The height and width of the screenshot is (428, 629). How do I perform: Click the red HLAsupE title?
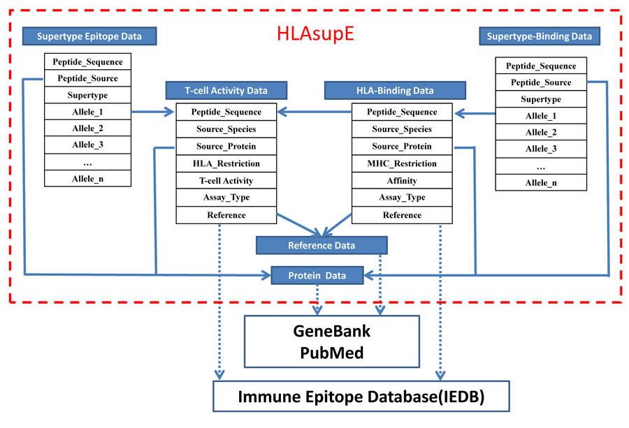314,36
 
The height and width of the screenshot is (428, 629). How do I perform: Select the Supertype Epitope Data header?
89,36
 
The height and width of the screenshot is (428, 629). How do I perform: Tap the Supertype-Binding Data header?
541,36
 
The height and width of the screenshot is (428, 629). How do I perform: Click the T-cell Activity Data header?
226,90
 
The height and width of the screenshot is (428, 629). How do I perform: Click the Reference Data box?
321,245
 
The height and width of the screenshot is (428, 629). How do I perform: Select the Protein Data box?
317,275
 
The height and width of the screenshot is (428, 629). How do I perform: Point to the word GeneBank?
331,331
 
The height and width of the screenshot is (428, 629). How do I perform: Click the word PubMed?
331,353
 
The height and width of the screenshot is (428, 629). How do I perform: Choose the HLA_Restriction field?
226,163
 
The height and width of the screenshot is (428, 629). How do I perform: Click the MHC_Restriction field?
401,163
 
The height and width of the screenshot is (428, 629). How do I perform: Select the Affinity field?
401,181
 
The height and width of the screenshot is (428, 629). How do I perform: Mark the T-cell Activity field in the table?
226,181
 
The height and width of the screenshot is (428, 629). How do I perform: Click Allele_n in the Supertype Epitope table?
87,179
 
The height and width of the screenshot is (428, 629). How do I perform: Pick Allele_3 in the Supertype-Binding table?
541,149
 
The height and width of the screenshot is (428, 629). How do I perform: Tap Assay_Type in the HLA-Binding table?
401,198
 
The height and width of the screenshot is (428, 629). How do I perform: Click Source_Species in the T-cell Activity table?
226,129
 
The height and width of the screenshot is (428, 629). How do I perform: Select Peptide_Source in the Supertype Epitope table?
87,78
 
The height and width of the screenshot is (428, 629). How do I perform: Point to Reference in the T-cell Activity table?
226,215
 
